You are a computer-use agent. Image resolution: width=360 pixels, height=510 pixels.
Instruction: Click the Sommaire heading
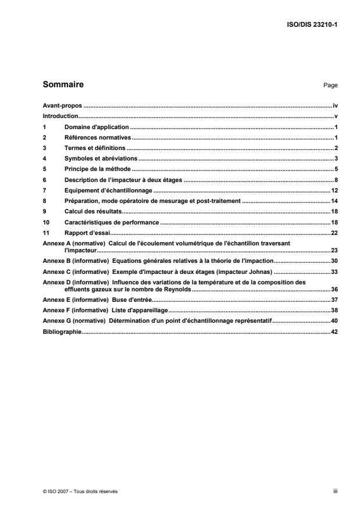point(63,84)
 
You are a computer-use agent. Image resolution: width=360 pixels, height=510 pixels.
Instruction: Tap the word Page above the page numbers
point(330,85)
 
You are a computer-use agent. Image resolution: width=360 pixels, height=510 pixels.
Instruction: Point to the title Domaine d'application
point(96,126)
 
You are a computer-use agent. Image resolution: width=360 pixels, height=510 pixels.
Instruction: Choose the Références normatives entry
point(98,137)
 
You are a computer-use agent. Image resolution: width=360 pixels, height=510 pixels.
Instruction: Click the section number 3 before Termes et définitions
point(45,148)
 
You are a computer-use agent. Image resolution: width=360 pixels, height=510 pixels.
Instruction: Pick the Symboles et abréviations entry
point(100,158)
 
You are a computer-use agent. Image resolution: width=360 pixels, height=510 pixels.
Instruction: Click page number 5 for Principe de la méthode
point(336,169)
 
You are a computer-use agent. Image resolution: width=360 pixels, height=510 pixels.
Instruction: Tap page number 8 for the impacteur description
point(336,180)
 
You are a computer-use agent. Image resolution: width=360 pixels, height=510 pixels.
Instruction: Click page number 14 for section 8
point(334,201)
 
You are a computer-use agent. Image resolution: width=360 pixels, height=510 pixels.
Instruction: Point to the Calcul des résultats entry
point(91,211)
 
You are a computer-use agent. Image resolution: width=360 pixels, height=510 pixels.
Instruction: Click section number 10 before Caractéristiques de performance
point(47,222)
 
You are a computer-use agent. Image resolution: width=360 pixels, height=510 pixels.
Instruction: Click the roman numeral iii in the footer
point(335,491)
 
